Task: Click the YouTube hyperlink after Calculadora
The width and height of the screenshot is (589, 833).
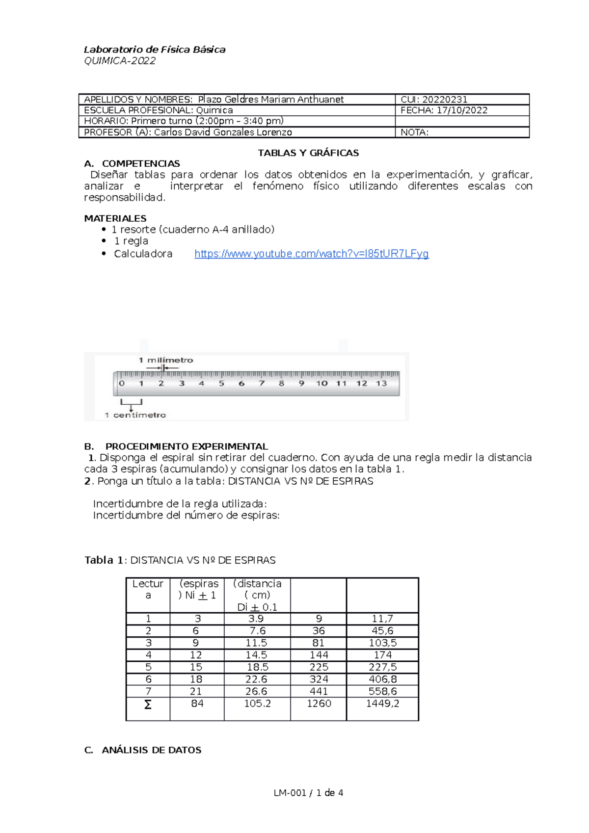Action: pyautogui.click(x=311, y=254)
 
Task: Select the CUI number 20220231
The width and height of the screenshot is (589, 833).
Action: pyautogui.click(x=445, y=100)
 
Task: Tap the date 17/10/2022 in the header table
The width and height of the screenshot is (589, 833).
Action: pyautogui.click(x=462, y=110)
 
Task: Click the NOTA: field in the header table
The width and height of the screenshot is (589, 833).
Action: pyautogui.click(x=415, y=132)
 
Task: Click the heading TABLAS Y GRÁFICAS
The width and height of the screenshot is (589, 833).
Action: pyautogui.click(x=308, y=153)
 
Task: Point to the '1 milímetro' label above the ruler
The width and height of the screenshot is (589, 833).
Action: pyautogui.click(x=166, y=360)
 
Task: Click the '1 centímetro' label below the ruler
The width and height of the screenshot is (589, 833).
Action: pyautogui.click(x=135, y=415)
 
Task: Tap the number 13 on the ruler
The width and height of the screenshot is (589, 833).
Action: pyautogui.click(x=381, y=384)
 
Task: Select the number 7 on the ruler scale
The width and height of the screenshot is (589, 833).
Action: pyautogui.click(x=262, y=384)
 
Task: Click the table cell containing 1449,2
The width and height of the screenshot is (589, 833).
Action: pyautogui.click(x=382, y=703)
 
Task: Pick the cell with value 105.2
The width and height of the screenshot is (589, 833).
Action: pyautogui.click(x=257, y=703)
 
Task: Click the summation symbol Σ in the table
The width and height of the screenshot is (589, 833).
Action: pyautogui.click(x=148, y=704)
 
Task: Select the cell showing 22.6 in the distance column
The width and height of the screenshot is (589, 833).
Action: pyautogui.click(x=257, y=679)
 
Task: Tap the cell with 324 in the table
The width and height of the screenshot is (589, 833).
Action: pyautogui.click(x=319, y=679)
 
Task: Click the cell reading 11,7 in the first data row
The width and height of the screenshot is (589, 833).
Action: pyautogui.click(x=382, y=619)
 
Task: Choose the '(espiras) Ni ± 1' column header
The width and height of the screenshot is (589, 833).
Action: pyautogui.click(x=197, y=590)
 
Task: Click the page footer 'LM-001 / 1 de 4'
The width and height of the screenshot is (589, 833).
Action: pyautogui.click(x=308, y=793)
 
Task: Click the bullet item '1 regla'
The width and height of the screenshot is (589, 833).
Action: pyautogui.click(x=131, y=241)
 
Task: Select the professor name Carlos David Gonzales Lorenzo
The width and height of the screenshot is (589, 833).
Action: pyautogui.click(x=223, y=132)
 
